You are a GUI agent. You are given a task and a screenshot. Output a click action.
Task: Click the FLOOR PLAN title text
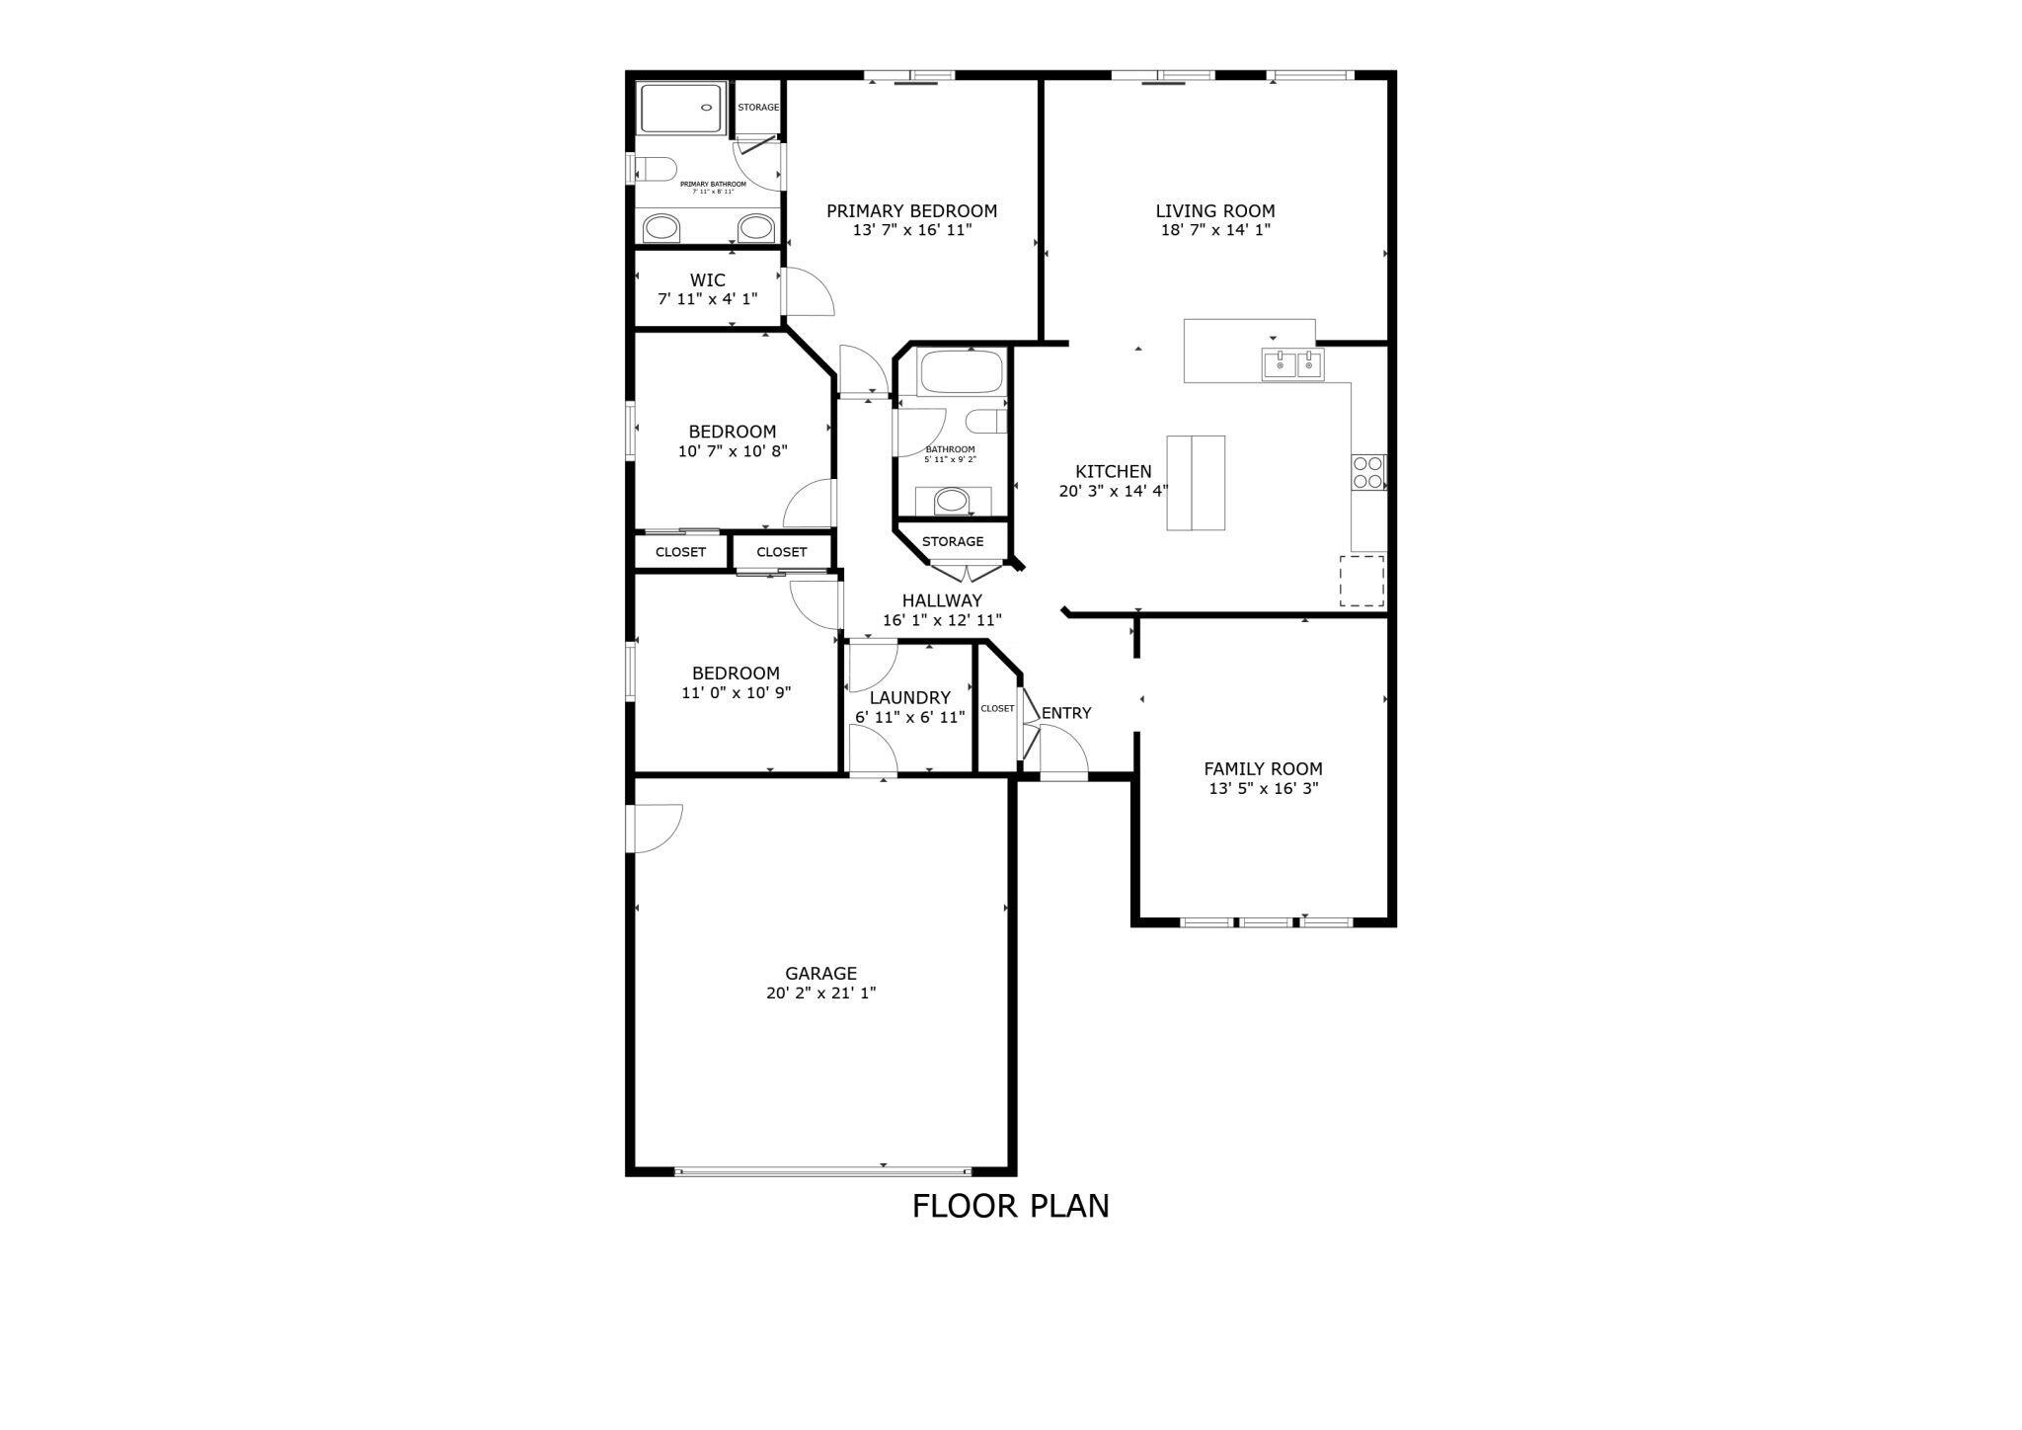pyautogui.click(x=1010, y=1206)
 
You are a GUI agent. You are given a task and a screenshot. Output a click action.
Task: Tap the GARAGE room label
pyautogui.click(x=820, y=974)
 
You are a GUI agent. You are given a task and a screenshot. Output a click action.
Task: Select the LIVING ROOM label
pyautogui.click(x=1214, y=211)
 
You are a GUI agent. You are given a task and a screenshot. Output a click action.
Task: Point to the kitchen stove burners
pyautogui.click(x=1368, y=472)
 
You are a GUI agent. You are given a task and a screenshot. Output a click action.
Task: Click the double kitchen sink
pyautogui.click(x=1292, y=364)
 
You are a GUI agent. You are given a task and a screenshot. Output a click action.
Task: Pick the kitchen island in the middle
pyautogui.click(x=1196, y=483)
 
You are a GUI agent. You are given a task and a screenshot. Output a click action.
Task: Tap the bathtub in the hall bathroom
pyautogui.click(x=960, y=373)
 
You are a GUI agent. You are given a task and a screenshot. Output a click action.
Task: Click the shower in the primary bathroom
pyautogui.click(x=682, y=108)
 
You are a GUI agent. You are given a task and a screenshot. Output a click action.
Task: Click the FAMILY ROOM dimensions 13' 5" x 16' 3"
pyautogui.click(x=1263, y=789)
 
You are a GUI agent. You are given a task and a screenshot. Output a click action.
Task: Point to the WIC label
pyautogui.click(x=707, y=280)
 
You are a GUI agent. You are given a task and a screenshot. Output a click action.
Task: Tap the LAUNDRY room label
pyautogui.click(x=909, y=698)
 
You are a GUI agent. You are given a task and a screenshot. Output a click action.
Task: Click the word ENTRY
pyautogui.click(x=1066, y=713)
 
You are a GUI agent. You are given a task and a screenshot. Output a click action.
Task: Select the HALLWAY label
pyautogui.click(x=942, y=600)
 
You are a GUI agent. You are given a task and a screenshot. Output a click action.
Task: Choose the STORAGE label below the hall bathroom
pyautogui.click(x=953, y=541)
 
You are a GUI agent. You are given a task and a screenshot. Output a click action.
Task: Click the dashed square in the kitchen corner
pyautogui.click(x=1361, y=581)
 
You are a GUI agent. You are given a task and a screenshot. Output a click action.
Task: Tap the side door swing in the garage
pyautogui.click(x=656, y=827)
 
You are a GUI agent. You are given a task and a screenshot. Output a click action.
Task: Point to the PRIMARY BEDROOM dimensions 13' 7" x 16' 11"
pyautogui.click(x=912, y=230)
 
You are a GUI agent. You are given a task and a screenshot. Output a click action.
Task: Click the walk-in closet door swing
pyautogui.click(x=807, y=293)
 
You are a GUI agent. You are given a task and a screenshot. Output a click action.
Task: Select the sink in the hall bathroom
pyautogui.click(x=952, y=501)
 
